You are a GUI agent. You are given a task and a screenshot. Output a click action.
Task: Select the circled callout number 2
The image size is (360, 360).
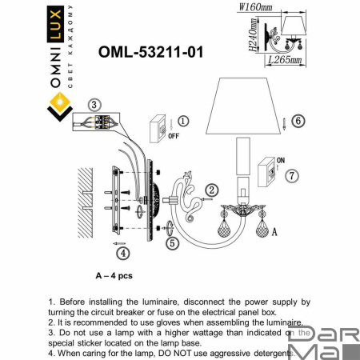(212, 190)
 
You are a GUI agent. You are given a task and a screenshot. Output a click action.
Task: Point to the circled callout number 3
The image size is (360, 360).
(94, 105)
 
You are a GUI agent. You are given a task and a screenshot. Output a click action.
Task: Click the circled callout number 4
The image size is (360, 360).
(122, 254)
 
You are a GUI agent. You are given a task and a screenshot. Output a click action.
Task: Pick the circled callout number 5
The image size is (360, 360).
(171, 245)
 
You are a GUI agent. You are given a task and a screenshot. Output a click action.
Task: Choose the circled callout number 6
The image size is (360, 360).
(298, 121)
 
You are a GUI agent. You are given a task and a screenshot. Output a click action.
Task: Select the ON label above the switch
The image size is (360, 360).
(281, 158)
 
